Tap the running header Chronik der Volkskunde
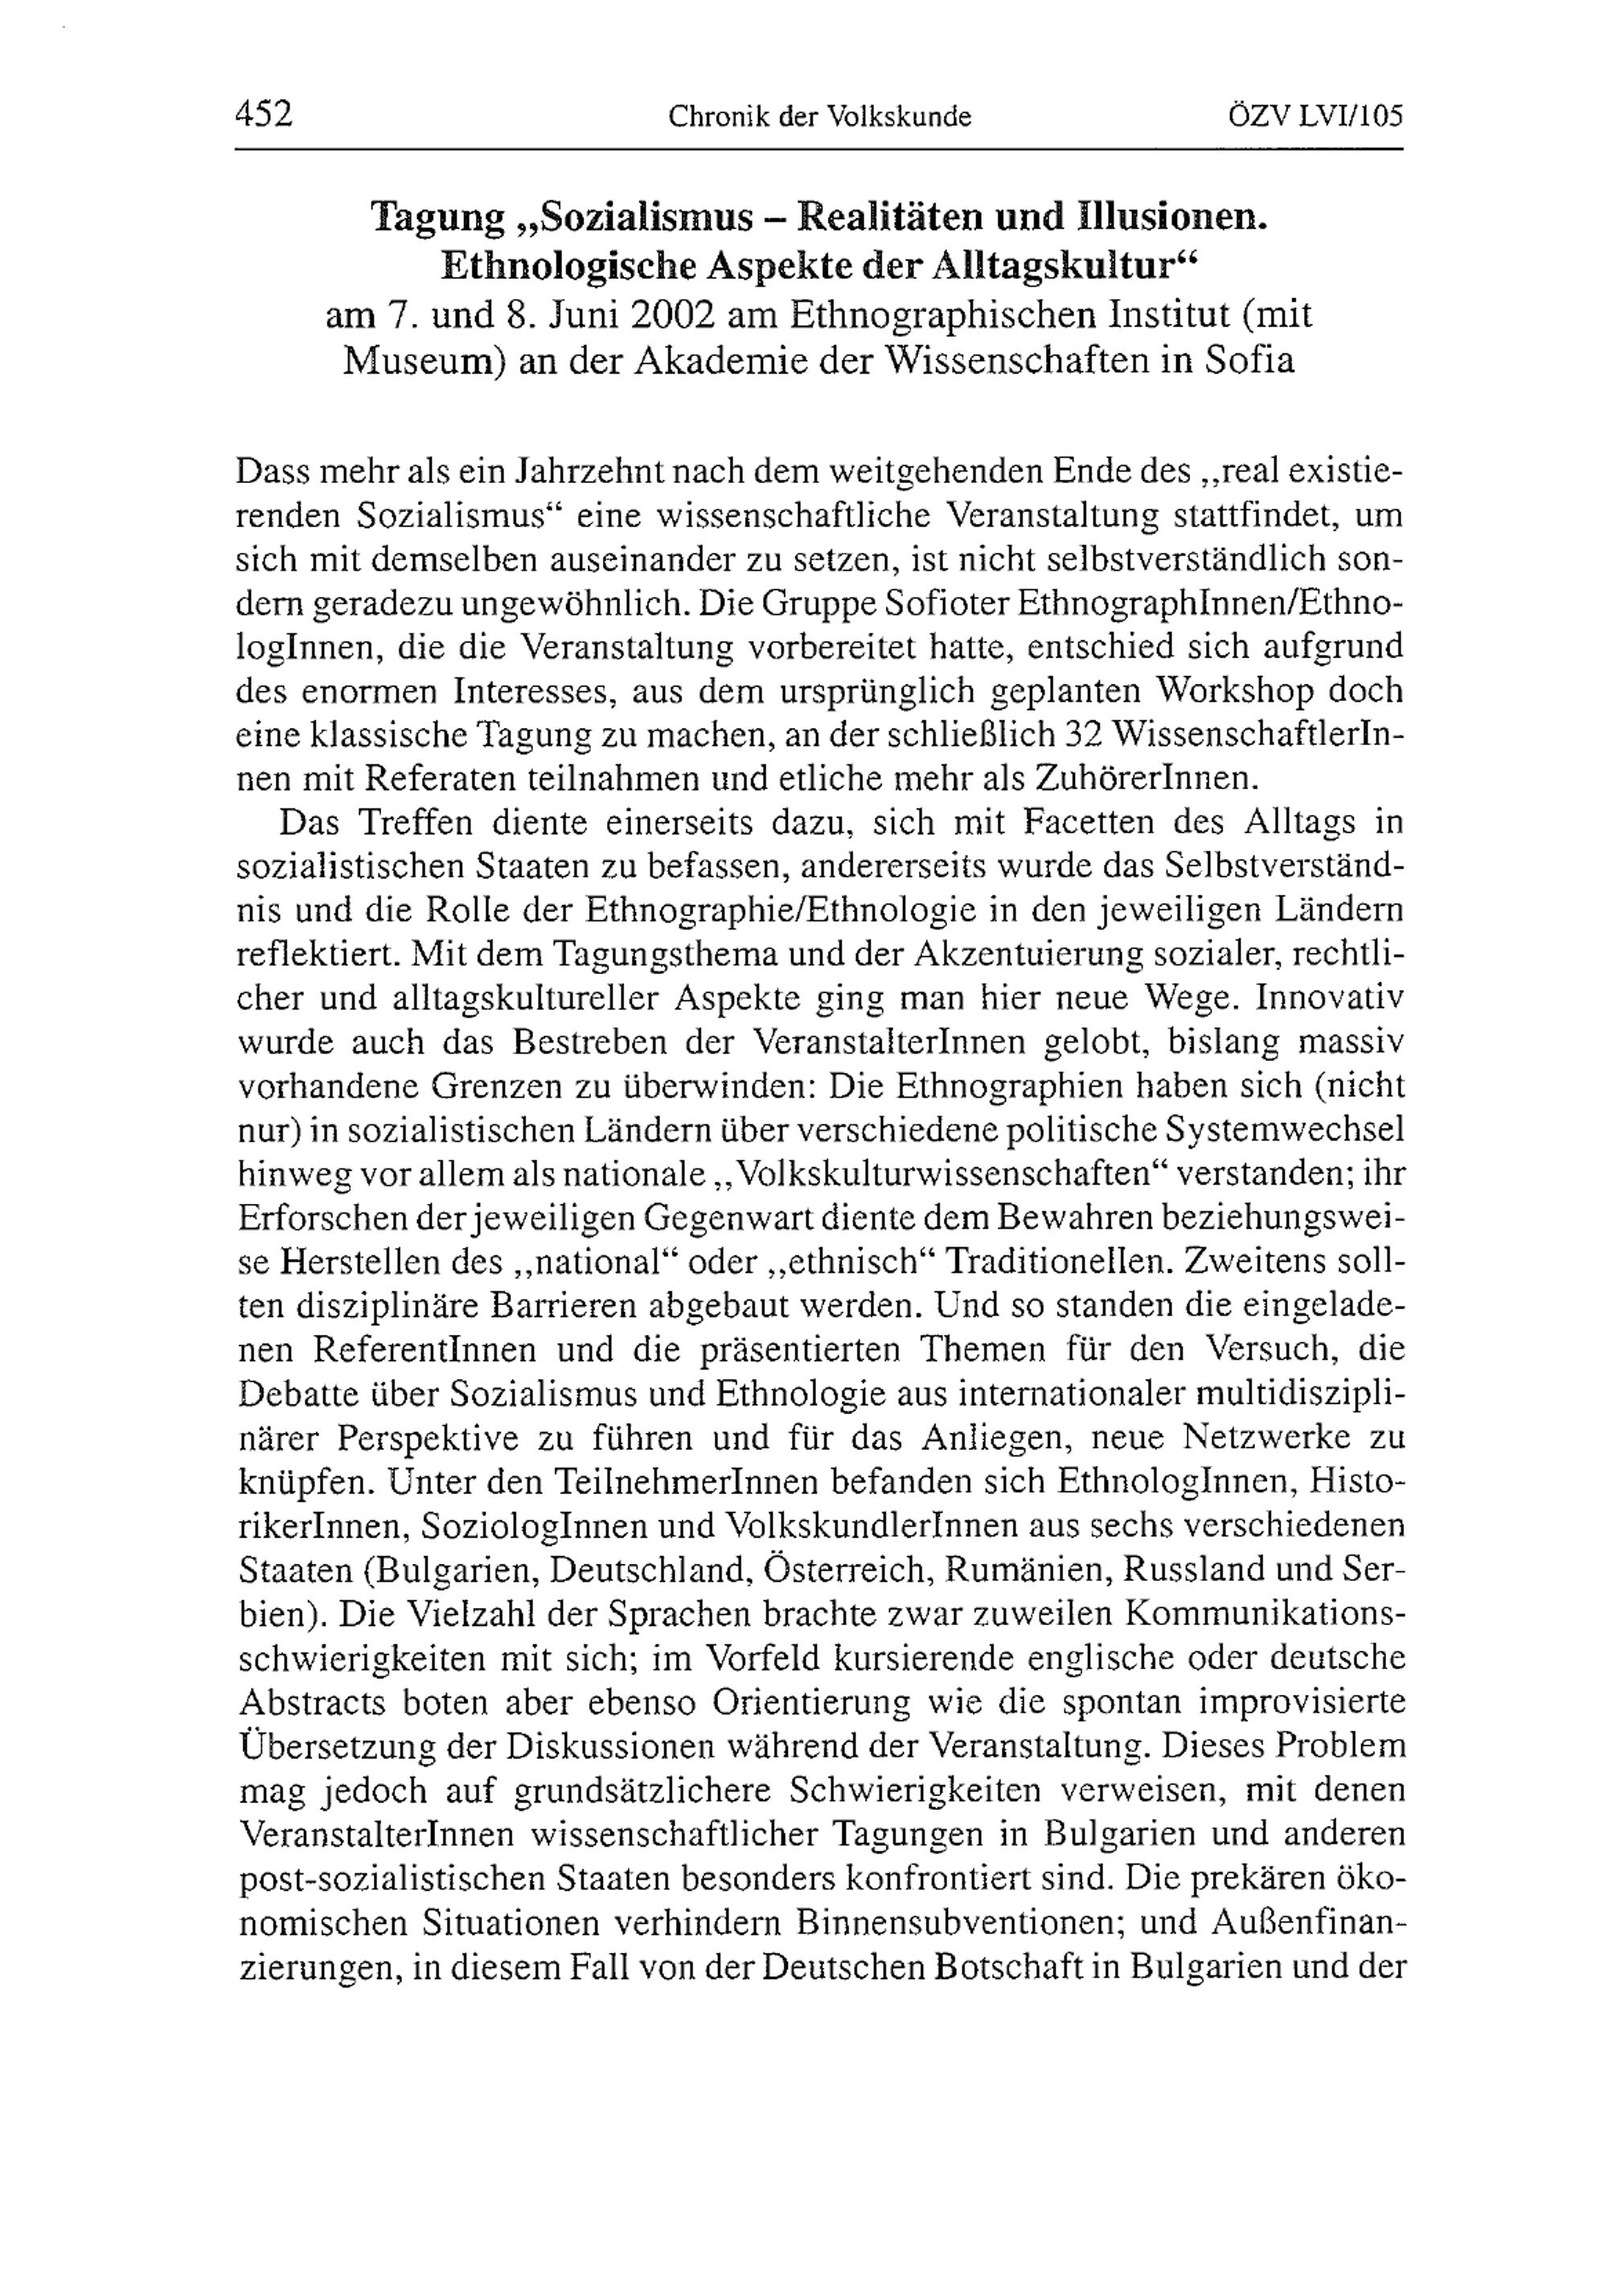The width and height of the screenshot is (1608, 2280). pyautogui.click(x=819, y=117)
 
